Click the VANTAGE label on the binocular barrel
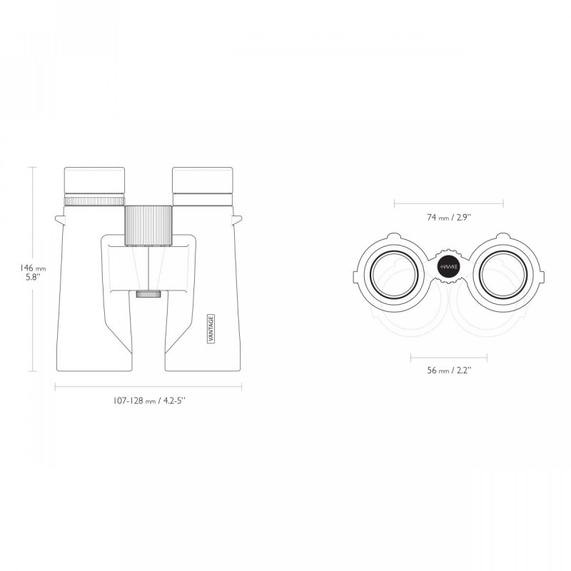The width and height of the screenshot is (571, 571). (211, 328)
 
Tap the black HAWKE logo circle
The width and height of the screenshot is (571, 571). (449, 266)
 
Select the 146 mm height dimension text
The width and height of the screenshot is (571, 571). (33, 268)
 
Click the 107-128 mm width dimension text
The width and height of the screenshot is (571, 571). (149, 401)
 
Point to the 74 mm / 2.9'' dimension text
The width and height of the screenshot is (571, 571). (449, 218)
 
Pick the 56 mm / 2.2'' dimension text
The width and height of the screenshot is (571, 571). (449, 370)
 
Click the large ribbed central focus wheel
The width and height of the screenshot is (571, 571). (148, 225)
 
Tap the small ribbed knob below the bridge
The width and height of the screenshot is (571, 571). (148, 294)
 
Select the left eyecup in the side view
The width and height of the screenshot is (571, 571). (95, 181)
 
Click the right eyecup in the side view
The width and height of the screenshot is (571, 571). (203, 181)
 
